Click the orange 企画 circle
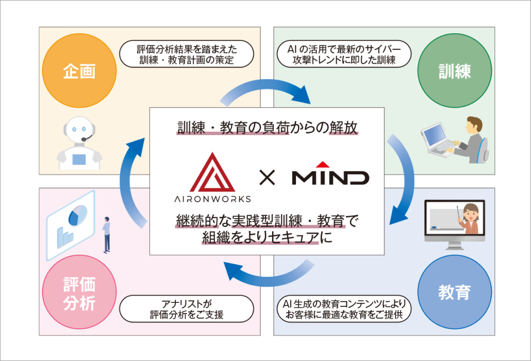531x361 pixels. [x=80, y=72]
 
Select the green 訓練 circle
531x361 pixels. [x=454, y=72]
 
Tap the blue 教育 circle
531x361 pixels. [x=454, y=291]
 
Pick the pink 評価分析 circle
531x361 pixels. [x=80, y=291]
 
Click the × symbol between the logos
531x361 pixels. [x=267, y=178]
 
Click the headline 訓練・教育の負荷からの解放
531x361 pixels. [x=267, y=128]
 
